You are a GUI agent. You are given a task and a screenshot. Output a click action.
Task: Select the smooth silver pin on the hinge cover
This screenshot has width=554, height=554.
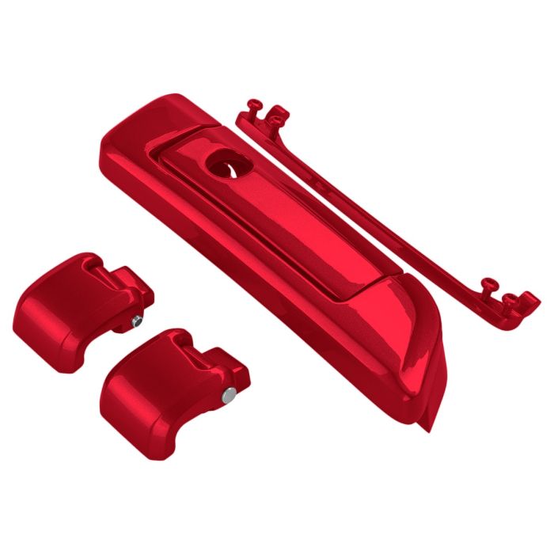coord(228,394)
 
